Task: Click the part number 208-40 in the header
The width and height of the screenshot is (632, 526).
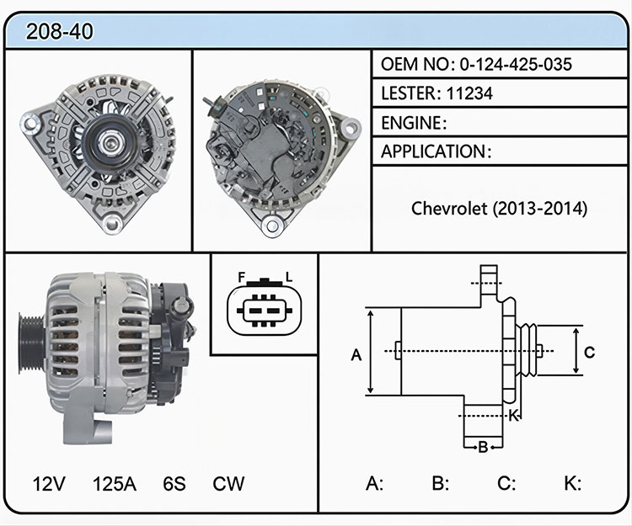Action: (x=59, y=31)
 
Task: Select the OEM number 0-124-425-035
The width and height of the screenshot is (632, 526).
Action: (x=516, y=64)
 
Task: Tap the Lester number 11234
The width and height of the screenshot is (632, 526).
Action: (x=469, y=93)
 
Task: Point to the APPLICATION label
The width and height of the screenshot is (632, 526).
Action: (x=433, y=151)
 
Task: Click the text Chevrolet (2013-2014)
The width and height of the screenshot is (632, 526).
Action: (x=499, y=209)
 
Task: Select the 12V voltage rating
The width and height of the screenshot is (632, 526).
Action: (x=49, y=484)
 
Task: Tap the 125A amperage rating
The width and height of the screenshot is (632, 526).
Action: (x=115, y=484)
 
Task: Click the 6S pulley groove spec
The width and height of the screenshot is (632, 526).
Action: (x=174, y=484)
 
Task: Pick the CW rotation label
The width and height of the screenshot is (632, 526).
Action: (x=228, y=484)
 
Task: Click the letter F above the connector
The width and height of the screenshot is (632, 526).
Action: (x=242, y=277)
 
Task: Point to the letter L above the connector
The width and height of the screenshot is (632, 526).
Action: (x=288, y=277)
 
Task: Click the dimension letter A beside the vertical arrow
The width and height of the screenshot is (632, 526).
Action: (x=356, y=355)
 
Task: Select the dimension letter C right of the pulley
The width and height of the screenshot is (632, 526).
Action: (x=589, y=352)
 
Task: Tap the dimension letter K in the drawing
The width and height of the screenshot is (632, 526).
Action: (x=513, y=415)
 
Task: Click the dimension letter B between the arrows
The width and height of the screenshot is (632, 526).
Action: (x=483, y=447)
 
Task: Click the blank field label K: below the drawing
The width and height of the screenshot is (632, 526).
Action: (x=572, y=483)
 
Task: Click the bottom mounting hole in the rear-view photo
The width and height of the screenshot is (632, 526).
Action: (x=272, y=226)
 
